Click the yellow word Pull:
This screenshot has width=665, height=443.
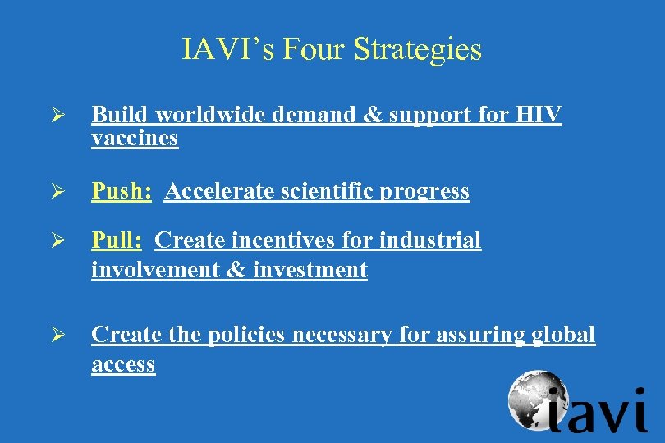point(117,240)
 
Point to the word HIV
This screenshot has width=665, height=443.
point(539,116)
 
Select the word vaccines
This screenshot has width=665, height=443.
point(135,138)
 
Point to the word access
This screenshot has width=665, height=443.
point(123,363)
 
